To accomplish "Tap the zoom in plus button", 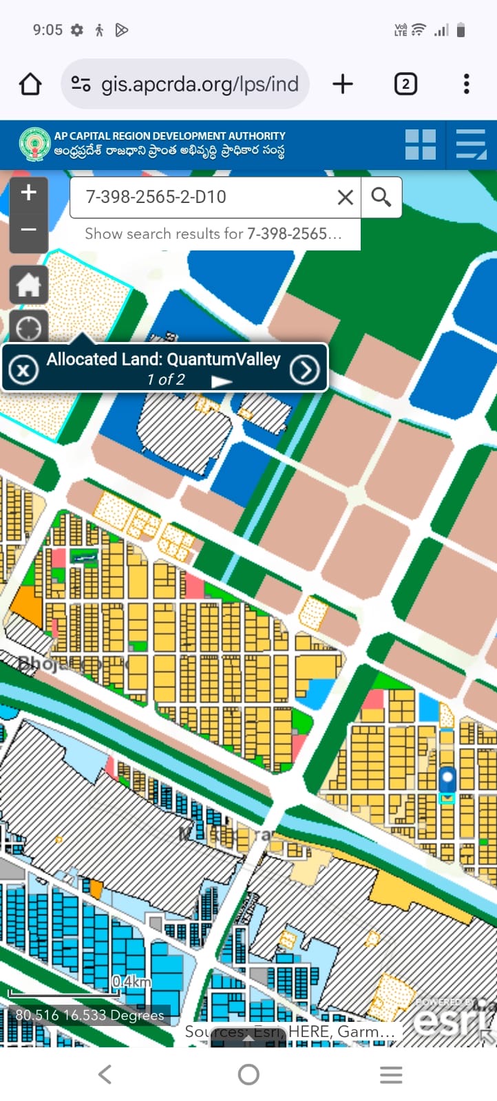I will (x=28, y=193).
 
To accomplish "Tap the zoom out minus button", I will (x=28, y=230).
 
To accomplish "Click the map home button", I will (x=28, y=285).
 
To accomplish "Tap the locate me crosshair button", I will (x=28, y=328).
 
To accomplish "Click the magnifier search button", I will (x=381, y=197).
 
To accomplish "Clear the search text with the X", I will (x=346, y=197).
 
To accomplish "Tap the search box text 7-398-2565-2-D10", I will (x=156, y=197).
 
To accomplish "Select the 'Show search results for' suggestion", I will (x=213, y=234).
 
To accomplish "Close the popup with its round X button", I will (x=23, y=370).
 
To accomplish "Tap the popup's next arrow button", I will (x=304, y=370).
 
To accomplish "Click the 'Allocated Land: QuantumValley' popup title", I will (x=164, y=359).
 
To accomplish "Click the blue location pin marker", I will (x=447, y=780).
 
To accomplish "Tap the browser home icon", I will (x=30, y=84).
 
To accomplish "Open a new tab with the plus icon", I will (x=342, y=84).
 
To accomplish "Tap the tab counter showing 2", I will (x=405, y=84).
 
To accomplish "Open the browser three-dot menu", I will (x=466, y=84).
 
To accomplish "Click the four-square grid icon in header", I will (x=420, y=145).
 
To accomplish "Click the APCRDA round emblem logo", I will (x=34, y=145).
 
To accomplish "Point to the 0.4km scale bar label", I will (x=131, y=981).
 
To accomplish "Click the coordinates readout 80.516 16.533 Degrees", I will (x=90, y=1015).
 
